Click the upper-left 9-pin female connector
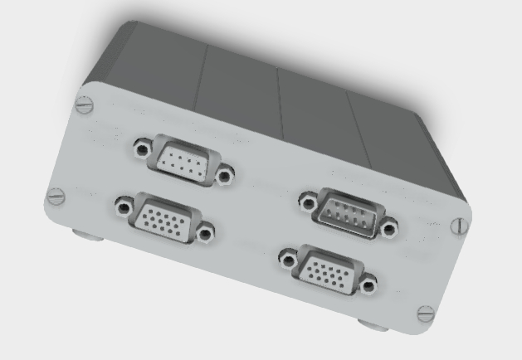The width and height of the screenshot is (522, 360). point(183,161)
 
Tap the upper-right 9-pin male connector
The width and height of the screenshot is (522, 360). point(349,212)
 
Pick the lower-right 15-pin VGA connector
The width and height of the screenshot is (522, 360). point(326,270)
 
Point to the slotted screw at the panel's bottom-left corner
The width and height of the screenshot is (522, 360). point(56,197)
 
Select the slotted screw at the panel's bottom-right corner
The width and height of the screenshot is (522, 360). point(426,314)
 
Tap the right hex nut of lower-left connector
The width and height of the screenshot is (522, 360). point(204,234)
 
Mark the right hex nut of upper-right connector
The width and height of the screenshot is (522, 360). point(388,226)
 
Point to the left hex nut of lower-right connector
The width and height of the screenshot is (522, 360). point(287,256)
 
